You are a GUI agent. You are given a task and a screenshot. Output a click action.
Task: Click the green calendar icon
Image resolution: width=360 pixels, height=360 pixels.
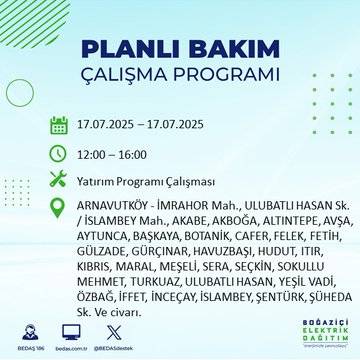[x=59, y=125]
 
